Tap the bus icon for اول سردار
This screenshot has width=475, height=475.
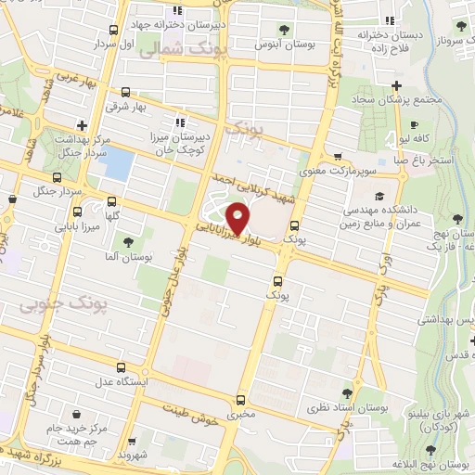(x=112, y=31)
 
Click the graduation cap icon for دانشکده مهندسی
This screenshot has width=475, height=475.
(x=379, y=197)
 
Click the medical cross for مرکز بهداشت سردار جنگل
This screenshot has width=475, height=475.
(x=82, y=125)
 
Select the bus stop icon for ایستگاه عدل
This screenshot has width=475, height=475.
(x=118, y=368)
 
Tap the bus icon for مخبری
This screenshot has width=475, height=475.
(x=241, y=401)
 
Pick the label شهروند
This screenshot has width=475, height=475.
(x=134, y=456)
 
